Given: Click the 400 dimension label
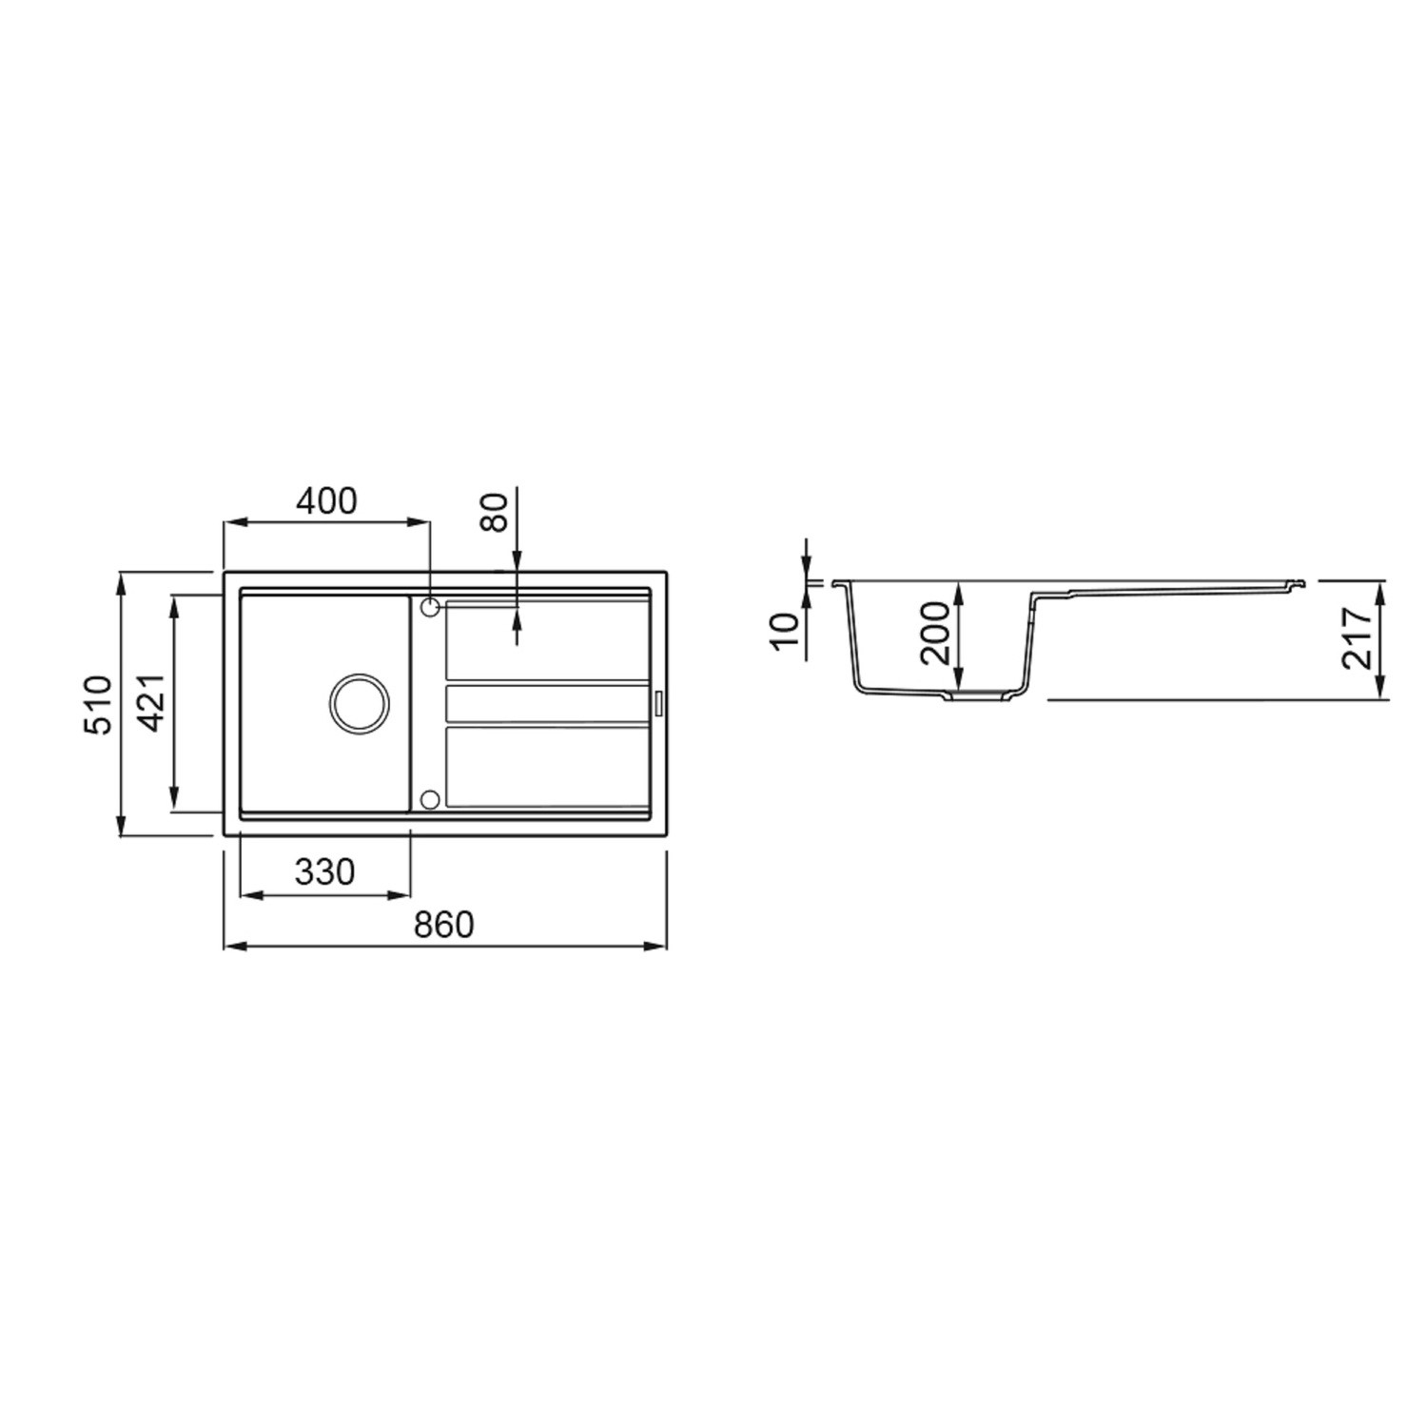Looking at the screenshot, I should [x=325, y=500].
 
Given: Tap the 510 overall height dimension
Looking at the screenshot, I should [x=100, y=704].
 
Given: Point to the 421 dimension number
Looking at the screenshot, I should [x=154, y=703].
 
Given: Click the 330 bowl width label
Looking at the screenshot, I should [x=324, y=871].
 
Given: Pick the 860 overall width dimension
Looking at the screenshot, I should [x=443, y=924].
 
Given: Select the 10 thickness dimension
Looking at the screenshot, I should [x=786, y=630].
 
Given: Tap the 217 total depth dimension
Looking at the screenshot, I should [x=1358, y=638].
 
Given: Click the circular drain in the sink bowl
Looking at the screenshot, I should [x=359, y=704].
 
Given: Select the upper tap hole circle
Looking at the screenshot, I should [x=429, y=606].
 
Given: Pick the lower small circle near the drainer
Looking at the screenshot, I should [x=429, y=798].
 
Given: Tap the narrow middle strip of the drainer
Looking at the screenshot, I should [x=547, y=704].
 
